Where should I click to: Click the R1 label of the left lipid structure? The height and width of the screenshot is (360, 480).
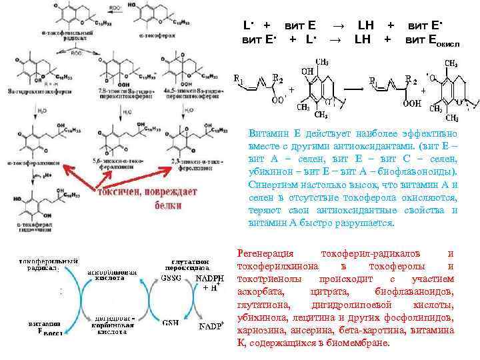click(237, 78)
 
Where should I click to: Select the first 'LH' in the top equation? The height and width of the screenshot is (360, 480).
click(365, 25)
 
